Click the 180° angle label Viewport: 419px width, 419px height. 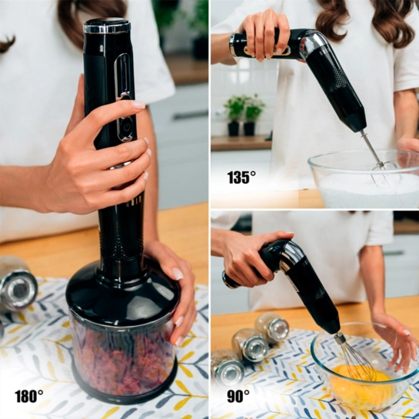point(29,396)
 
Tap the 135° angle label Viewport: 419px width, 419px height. point(241,177)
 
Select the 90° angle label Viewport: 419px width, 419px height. point(238,396)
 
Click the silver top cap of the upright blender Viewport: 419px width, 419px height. point(107,26)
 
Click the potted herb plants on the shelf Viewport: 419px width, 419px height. point(244,115)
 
